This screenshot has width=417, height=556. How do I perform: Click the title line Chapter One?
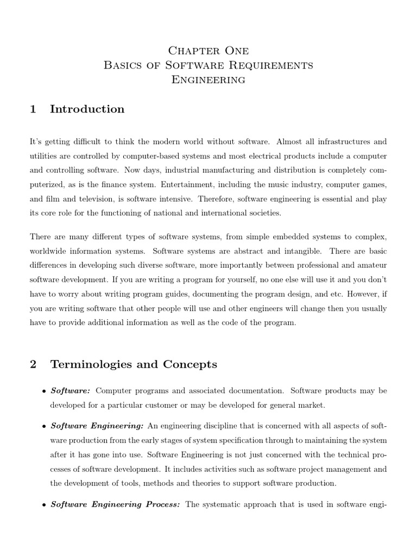click(208, 51)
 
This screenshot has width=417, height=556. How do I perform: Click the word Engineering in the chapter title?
click(208, 80)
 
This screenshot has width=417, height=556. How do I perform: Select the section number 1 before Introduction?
click(33, 109)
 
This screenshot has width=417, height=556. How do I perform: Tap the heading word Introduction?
click(87, 109)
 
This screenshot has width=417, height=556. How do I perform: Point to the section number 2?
click(33, 364)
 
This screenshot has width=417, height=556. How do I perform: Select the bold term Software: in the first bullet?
click(70, 390)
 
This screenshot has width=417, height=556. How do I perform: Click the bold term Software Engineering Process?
click(115, 504)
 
